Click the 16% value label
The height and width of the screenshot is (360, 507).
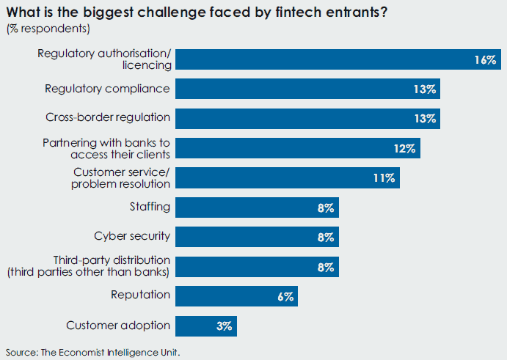point(485,60)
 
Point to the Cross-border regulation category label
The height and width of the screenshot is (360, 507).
point(108,117)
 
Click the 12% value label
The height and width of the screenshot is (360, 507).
point(405,148)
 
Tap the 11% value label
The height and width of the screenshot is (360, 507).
point(384,178)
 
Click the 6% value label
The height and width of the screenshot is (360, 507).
point(285,296)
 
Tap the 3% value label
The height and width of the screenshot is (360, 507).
point(224,326)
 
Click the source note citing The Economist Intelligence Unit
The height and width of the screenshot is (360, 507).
point(92,353)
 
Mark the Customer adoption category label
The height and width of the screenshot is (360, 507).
point(118,326)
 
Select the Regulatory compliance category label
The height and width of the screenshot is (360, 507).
point(107,89)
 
